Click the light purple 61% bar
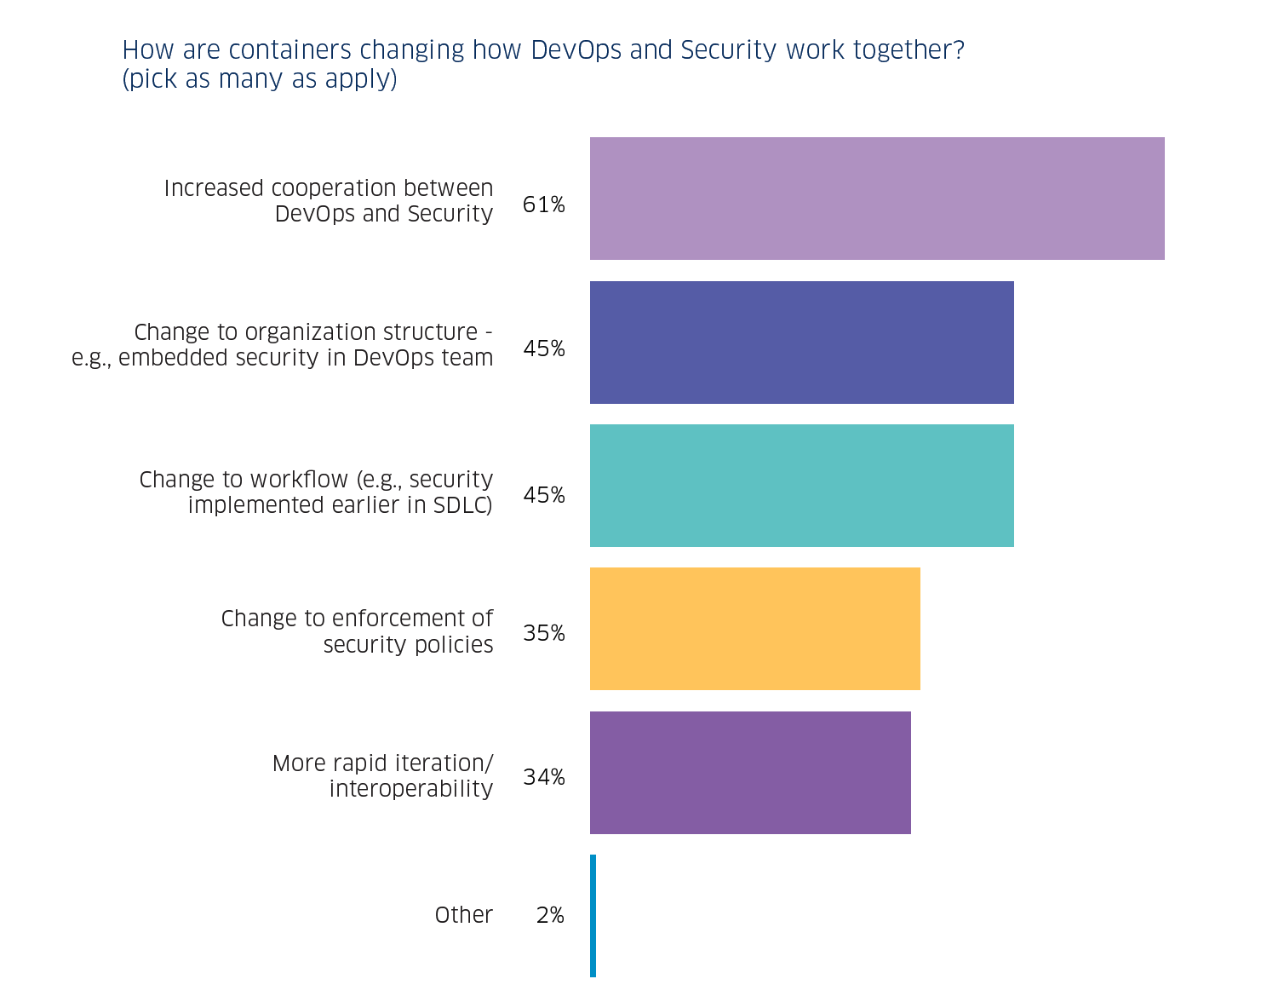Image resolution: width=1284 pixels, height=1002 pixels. pos(877,199)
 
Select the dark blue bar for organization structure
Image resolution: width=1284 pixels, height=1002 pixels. pos(801,343)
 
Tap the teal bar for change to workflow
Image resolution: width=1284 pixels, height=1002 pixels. pos(801,486)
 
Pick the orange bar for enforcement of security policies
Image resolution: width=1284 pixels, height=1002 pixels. pos(754,629)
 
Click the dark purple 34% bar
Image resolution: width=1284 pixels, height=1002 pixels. pos(750,773)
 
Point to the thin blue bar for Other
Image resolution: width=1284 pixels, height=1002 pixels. pos(593,916)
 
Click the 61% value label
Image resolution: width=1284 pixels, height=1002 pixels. pos(543,204)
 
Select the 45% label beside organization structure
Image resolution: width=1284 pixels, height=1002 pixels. pos(543,348)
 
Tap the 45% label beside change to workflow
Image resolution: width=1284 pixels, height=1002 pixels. pos(543,495)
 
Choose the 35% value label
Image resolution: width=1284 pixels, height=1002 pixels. pos(543,633)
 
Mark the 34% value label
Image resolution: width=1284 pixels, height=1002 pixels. pos(543,777)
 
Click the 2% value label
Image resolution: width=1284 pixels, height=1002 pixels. pos(550,915)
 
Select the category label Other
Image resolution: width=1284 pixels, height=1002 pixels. pos(463,915)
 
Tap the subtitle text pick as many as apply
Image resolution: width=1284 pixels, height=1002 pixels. pos(260,79)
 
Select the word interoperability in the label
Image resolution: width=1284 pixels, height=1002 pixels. pos(410,789)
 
